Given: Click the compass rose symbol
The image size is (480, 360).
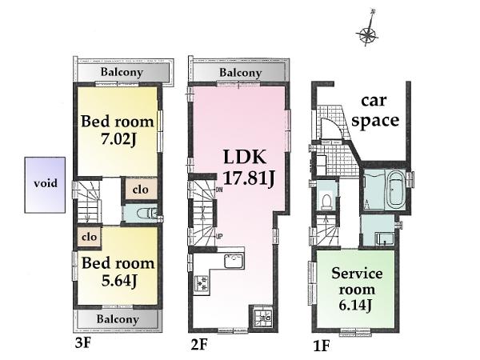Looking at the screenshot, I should click(x=368, y=34).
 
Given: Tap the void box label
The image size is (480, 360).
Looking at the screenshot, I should click(x=45, y=183).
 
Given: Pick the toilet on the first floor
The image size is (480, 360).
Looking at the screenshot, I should click(x=328, y=201).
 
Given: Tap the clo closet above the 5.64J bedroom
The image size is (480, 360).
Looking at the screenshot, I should click(x=89, y=237).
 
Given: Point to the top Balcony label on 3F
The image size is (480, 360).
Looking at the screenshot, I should click(x=122, y=72).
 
